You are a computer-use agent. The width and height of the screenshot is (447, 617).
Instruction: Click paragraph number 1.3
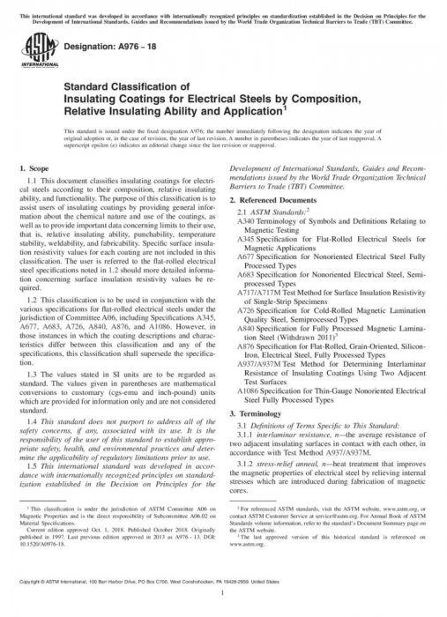point(34,373)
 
